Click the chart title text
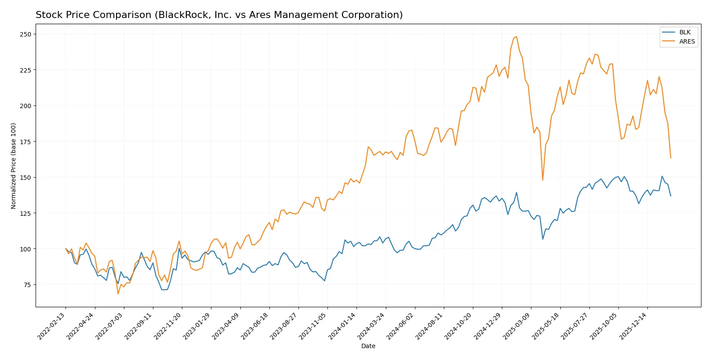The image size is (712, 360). coord(219,15)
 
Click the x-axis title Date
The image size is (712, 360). coord(368,346)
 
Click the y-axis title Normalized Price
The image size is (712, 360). coord(13,166)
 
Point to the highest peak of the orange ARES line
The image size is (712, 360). coord(516,36)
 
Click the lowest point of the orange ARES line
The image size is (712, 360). coord(118,294)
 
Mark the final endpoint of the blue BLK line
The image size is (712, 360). coord(671,196)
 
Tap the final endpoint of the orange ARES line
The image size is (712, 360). coord(671,158)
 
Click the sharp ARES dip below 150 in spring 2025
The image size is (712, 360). coord(543,180)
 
